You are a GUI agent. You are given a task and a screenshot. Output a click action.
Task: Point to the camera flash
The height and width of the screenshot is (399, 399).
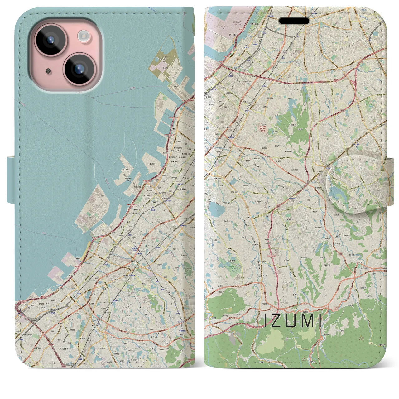[84, 36]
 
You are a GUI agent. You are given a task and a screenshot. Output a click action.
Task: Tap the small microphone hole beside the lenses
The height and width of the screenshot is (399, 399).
[48, 71]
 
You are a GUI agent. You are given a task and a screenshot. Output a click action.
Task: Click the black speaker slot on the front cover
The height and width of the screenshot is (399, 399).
[294, 21]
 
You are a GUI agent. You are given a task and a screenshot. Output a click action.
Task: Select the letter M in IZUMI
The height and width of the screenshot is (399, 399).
[305, 321]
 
